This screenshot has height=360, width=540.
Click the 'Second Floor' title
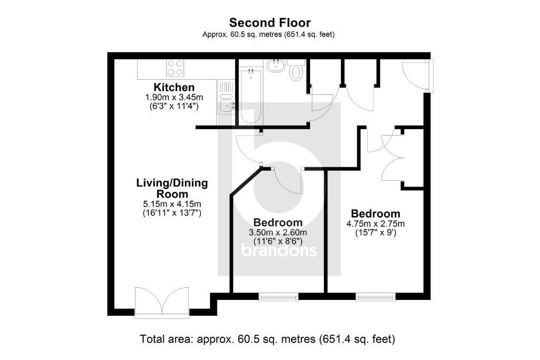tap(269, 23)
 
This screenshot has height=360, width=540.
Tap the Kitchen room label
tap(174, 87)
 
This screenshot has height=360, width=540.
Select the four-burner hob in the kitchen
tap(176, 68)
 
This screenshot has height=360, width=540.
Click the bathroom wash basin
tap(275, 65)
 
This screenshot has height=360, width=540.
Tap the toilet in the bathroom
tap(296, 72)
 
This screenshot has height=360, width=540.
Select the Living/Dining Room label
tap(172, 189)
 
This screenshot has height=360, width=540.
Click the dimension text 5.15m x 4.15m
tap(172, 204)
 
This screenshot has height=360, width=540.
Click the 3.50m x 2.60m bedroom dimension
tap(278, 232)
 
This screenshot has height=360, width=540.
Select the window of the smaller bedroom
tap(278, 297)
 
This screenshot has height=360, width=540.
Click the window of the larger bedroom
tap(375, 297)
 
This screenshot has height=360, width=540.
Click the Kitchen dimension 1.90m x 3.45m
tap(174, 98)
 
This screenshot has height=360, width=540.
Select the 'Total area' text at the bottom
tap(267, 338)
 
